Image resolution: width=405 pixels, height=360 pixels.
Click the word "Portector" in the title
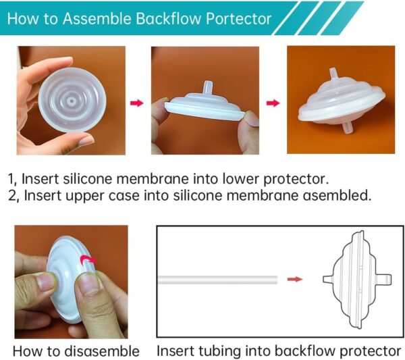238,18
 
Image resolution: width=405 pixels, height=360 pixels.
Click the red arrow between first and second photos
137,103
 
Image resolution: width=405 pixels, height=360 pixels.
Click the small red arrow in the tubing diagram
294,278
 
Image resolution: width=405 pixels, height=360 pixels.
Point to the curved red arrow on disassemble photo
87,261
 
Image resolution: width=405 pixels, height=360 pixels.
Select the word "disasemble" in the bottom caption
107,351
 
